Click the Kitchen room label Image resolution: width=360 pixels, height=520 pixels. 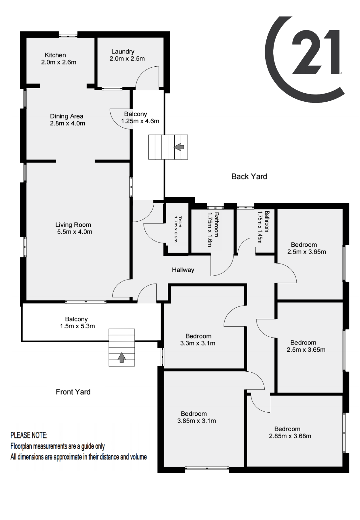tap(55, 55)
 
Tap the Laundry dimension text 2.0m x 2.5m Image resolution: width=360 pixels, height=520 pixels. tap(127, 59)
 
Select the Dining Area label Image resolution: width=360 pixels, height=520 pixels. tap(66, 116)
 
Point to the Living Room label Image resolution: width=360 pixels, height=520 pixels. tap(73, 225)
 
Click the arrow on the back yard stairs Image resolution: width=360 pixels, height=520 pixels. tap(179, 147)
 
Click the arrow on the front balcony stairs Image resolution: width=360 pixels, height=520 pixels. tap(121, 357)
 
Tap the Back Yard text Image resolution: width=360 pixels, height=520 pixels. tap(249, 176)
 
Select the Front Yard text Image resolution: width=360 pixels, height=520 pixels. tap(73, 392)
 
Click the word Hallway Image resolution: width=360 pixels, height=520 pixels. tap(183, 270)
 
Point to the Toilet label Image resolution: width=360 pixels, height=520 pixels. tap(180, 222)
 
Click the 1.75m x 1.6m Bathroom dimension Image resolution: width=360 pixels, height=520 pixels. tap(210, 229)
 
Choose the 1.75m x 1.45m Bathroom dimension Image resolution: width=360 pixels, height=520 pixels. tap(260, 227)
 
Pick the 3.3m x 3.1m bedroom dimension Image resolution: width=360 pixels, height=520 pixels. tap(198, 343)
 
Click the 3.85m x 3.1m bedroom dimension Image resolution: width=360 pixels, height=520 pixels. tap(196, 421)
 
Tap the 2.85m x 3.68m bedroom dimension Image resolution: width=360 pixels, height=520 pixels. tap(290, 436)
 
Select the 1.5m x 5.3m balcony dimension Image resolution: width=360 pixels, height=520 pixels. tap(77, 326)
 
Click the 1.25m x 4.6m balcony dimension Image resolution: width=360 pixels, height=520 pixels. tap(140, 121)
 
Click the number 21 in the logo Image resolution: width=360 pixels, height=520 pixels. tap(316, 52)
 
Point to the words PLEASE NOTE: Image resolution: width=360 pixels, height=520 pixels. tap(29, 435)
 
